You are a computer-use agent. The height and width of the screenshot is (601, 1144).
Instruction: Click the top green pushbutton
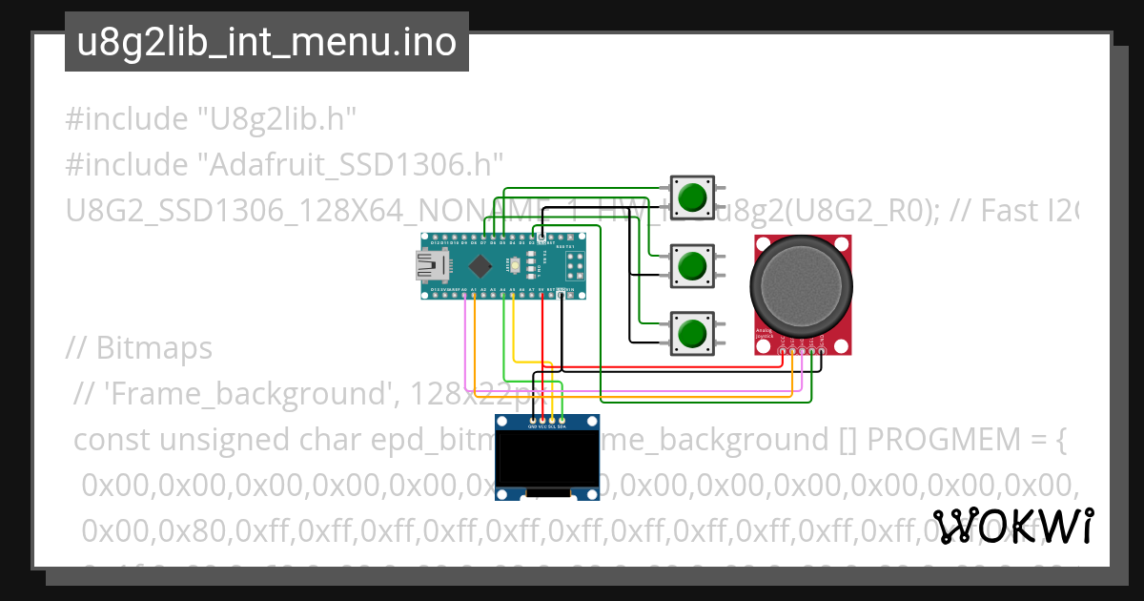point(692,197)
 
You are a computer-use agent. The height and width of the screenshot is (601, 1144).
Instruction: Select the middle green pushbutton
point(692,265)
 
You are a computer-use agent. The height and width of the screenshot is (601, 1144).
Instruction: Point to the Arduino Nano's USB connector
point(425,266)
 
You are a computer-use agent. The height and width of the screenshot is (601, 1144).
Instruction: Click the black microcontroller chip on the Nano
point(481,265)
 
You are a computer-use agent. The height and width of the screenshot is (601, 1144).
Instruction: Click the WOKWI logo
point(1013,526)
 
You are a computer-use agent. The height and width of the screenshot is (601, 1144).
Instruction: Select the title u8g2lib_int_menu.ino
point(266,42)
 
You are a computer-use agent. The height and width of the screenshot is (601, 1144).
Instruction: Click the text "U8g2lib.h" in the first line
point(276,119)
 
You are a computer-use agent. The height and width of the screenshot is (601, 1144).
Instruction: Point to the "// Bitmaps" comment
point(139,348)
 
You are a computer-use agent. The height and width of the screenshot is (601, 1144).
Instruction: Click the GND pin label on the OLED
point(532,426)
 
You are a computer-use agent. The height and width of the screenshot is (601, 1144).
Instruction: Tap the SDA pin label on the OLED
point(563,426)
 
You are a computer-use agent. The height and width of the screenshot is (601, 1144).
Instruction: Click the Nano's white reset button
point(515,265)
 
